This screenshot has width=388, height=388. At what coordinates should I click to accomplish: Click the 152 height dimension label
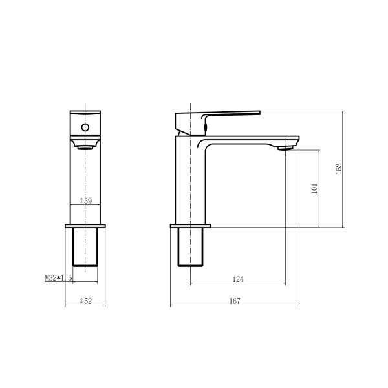pos(339,169)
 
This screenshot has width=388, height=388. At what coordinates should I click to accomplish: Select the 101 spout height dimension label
pos(314,189)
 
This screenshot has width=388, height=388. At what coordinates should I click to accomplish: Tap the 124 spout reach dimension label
pos(238,279)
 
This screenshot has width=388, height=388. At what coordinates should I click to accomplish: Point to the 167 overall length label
pos(235,301)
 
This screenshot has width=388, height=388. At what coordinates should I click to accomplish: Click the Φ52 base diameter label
pos(85,301)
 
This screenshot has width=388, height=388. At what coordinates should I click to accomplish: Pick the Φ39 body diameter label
pos(85,200)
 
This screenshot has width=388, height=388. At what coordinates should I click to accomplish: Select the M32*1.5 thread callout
pos(58,278)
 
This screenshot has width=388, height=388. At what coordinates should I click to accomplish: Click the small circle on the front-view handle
pos(85,127)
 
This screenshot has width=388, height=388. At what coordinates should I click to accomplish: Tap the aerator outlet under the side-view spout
pos(286,148)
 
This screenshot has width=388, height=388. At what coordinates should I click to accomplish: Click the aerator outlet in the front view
pos(85,147)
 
